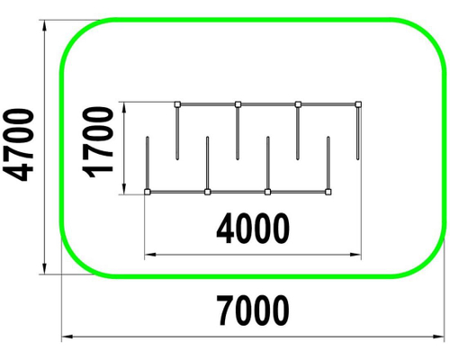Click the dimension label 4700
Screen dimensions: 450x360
[x=18, y=145]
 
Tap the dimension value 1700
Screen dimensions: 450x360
[x=98, y=142]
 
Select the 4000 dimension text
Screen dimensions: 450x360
[x=253, y=229]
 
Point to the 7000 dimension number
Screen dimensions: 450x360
[x=253, y=310]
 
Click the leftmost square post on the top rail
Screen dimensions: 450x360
[x=177, y=104]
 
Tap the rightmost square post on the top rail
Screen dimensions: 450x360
[x=358, y=104]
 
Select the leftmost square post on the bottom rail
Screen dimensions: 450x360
[x=147, y=192]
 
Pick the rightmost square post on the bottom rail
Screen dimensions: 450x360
[x=328, y=192]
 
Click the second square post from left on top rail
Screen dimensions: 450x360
[x=238, y=104]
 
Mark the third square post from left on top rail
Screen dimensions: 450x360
[x=298, y=104]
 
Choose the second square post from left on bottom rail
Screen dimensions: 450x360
[x=207, y=192]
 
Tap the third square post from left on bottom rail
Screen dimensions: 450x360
[x=267, y=192]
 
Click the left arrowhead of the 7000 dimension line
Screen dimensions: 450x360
[x=67, y=337]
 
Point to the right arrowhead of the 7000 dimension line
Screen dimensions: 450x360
[x=439, y=337]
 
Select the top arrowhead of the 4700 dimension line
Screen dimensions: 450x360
[x=44, y=25]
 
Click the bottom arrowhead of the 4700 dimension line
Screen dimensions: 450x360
[x=44, y=268]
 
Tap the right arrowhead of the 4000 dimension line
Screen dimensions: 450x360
[x=355, y=255]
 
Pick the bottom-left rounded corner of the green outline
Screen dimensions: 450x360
[x=75, y=264]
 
